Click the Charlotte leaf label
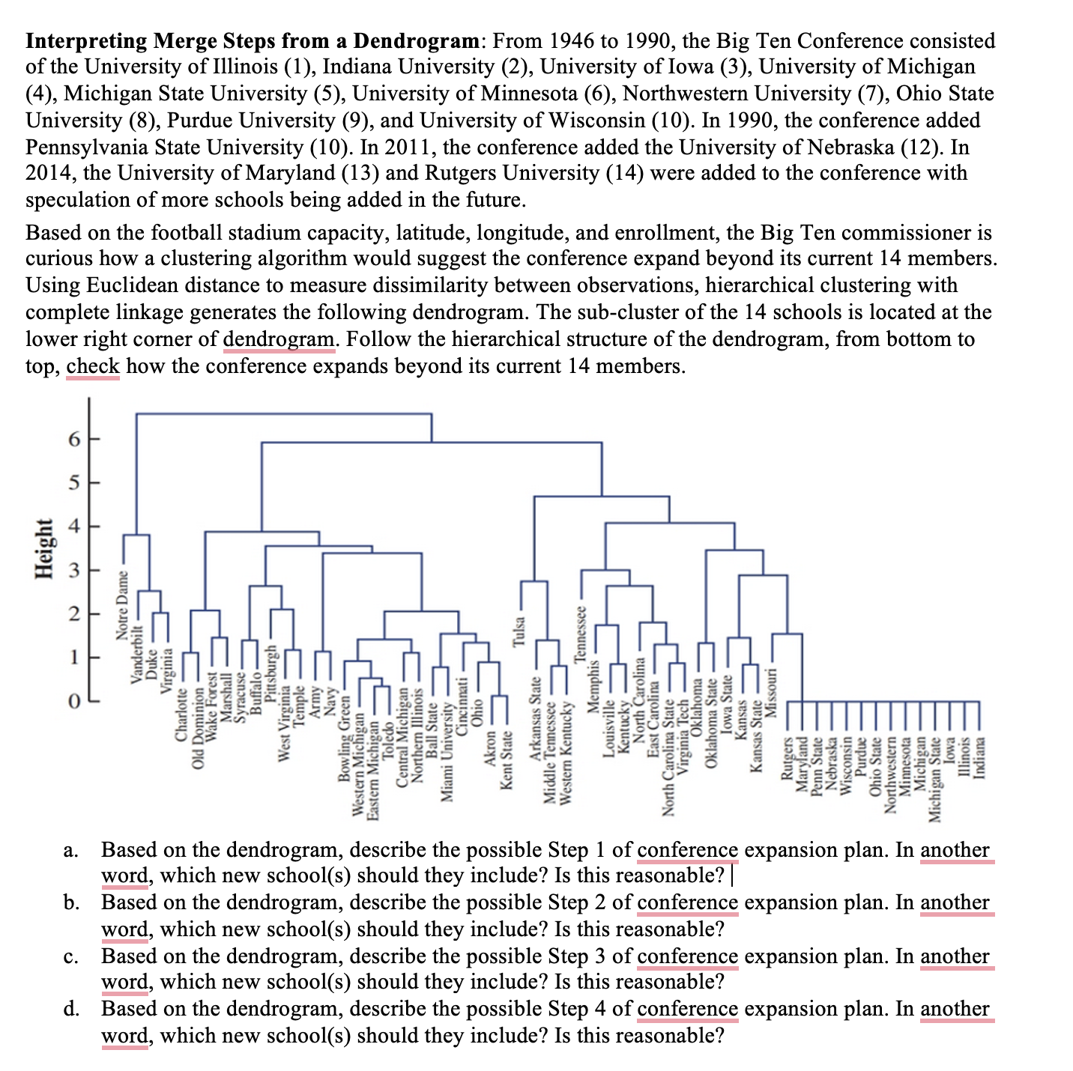181,717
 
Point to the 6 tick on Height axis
73,440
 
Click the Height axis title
45,547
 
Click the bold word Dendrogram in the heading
416,40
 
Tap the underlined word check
93,366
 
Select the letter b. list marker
71,902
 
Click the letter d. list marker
71,1009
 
